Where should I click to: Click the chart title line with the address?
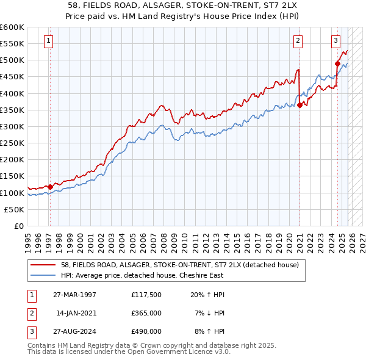point(183,5)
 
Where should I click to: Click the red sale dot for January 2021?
point(300,105)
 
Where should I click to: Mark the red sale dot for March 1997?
point(50,187)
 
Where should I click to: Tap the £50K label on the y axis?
point(14,209)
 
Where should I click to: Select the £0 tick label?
point(18,226)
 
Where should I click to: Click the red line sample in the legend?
point(44,265)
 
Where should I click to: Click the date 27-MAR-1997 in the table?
point(75,295)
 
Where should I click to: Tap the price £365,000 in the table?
point(146,313)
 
